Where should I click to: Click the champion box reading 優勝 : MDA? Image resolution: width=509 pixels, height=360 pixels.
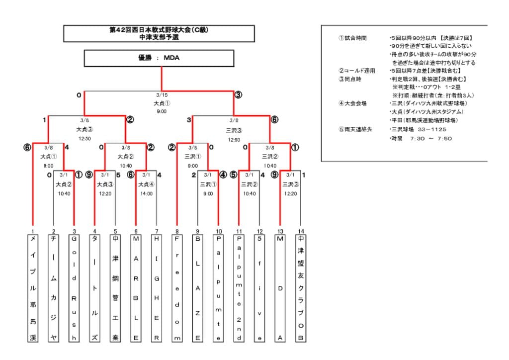coord(159,58)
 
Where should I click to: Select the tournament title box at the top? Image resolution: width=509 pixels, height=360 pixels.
coord(159,33)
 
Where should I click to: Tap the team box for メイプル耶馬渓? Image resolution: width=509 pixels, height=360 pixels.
coord(33,288)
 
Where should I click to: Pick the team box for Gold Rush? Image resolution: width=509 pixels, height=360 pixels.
coord(74,288)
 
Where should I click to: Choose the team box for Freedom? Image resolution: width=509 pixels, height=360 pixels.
coord(177,288)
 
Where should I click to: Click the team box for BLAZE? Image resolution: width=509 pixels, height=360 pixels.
coord(197,288)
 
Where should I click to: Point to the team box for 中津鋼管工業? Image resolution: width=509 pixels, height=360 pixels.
coord(115,288)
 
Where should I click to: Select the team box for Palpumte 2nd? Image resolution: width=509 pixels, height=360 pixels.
coord(239,288)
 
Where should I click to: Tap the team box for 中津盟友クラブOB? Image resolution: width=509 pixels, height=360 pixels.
coord(300,288)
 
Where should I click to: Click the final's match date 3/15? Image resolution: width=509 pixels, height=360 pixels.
coord(162,95)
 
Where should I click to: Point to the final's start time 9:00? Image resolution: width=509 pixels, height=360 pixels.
coord(162,111)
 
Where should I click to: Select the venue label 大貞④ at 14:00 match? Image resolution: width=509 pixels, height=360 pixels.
coord(146,184)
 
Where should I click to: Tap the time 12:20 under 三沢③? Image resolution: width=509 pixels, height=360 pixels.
coord(290,193)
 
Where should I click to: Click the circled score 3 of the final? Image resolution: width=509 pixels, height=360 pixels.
coord(238,95)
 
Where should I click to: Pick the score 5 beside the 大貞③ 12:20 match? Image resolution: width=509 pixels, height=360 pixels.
coord(118,175)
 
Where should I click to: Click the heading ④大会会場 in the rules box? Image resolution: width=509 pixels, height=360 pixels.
coord(352,103)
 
